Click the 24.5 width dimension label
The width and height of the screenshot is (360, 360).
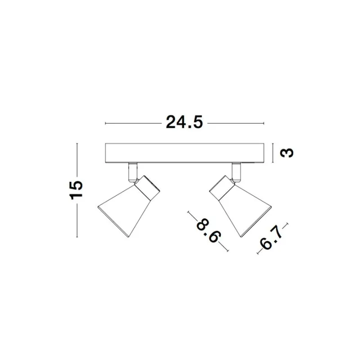pyautogui.click(x=184, y=122)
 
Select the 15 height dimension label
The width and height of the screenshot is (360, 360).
pyautogui.click(x=76, y=190)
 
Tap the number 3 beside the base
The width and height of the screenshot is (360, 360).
pyautogui.click(x=287, y=153)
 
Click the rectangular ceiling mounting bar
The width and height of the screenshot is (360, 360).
pyautogui.click(x=184, y=153)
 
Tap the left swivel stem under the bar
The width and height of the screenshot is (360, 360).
pyautogui.click(x=133, y=172)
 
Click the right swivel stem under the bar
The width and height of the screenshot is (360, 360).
pyautogui.click(x=236, y=172)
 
